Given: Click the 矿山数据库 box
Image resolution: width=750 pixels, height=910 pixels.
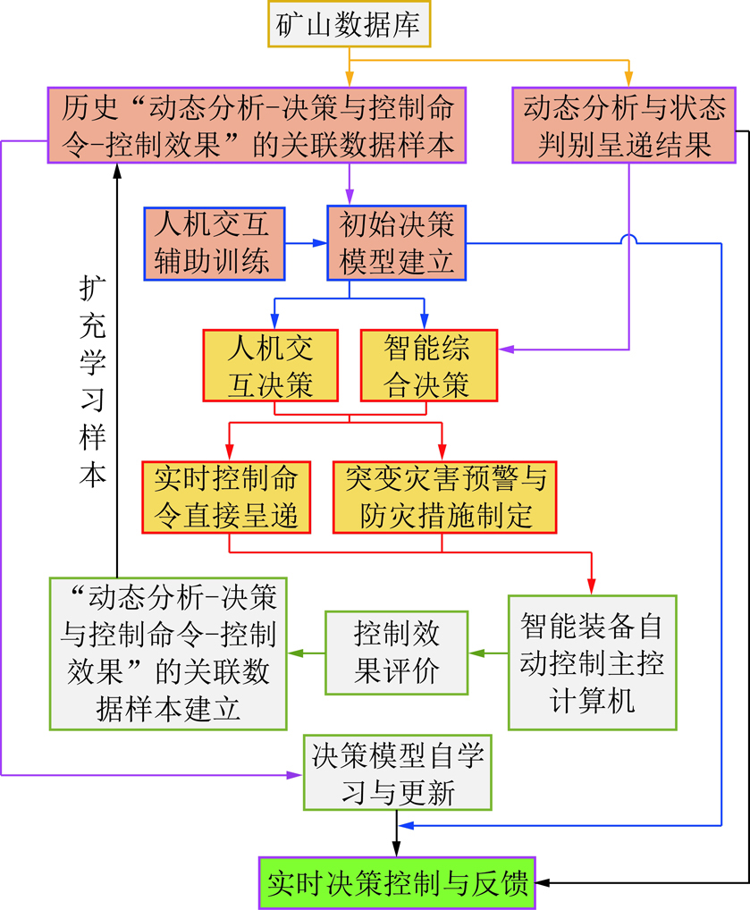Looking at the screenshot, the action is click(349, 24).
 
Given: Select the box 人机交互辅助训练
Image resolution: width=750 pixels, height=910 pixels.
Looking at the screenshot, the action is click(215, 244).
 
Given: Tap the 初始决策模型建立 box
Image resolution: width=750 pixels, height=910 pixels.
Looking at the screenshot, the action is click(397, 243).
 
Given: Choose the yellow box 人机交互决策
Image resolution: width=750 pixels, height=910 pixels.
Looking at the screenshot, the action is click(271, 366).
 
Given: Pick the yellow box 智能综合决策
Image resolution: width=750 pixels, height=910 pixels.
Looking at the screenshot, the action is click(429, 366).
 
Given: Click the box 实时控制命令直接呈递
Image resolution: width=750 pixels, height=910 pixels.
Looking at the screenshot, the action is click(226, 497).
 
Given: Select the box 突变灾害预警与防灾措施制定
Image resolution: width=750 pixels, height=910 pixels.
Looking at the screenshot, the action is click(444, 497).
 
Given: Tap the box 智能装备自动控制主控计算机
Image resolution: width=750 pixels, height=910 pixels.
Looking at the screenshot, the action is click(592, 662).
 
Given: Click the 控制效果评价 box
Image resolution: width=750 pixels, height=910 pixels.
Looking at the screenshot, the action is click(397, 653).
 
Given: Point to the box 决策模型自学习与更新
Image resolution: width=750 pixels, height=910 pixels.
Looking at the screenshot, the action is click(398, 772).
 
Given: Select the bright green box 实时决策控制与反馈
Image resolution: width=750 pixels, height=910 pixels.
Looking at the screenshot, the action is click(397, 883).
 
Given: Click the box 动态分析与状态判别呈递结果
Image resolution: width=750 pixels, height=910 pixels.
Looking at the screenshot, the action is click(624, 125).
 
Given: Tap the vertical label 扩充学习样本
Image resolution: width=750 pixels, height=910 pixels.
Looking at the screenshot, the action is click(93, 382).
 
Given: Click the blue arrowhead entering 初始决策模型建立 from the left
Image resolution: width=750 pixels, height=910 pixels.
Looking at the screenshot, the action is click(320, 243).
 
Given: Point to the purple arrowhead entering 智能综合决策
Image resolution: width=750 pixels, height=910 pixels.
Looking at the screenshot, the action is click(506, 350).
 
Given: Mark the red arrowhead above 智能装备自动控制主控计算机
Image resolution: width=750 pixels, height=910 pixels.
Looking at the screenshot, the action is click(592, 586).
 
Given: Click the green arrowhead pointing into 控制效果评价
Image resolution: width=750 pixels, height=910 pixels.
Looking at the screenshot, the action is click(476, 653).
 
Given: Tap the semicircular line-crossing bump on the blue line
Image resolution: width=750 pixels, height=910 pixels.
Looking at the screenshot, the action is click(628, 239).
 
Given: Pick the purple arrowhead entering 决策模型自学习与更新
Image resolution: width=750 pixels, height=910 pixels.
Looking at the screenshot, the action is click(296, 775).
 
